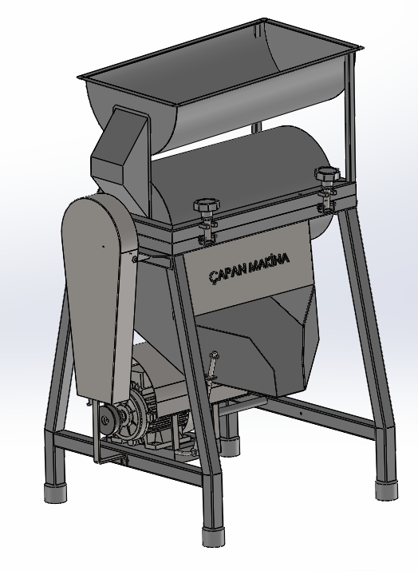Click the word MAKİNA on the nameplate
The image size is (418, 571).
[x=270, y=263]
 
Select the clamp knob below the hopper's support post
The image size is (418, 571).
[x=327, y=173]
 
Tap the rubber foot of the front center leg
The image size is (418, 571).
[x=211, y=533]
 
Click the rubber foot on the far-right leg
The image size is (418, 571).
[x=386, y=488]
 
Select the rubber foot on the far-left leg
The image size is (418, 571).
[x=55, y=493]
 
